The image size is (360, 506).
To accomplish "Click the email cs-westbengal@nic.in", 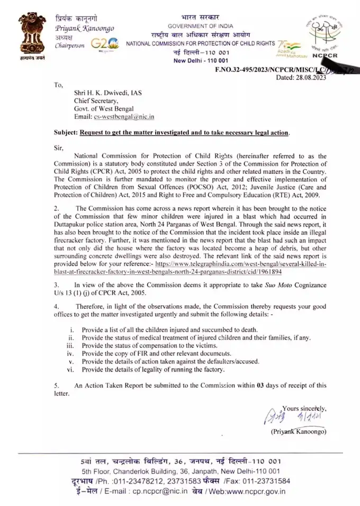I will [x=127, y=116].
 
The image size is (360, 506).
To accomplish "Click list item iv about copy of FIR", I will [x=165, y=352].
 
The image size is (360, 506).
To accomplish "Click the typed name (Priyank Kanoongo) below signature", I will [x=298, y=432].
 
